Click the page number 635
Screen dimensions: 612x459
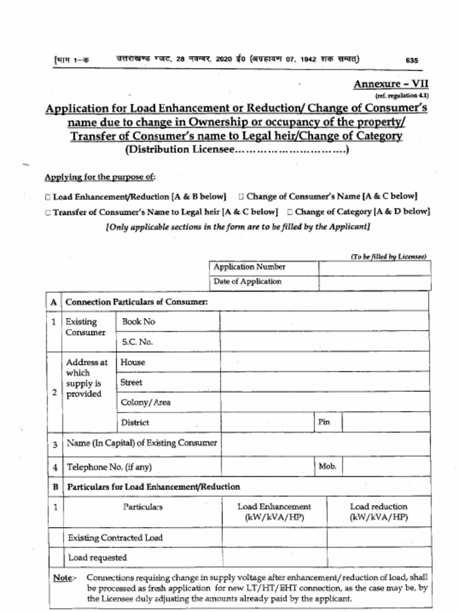pos(412,60)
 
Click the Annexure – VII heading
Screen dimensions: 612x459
pos(391,84)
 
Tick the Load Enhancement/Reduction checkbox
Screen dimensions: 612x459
pos(48,197)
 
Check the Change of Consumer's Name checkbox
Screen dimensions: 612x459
pos(241,197)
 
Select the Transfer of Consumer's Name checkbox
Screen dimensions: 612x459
pos(48,212)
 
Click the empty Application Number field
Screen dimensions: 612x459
pos(374,267)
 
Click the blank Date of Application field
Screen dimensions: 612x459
pos(374,282)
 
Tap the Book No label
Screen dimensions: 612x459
pos(139,322)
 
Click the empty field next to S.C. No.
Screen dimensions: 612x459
pos(324,342)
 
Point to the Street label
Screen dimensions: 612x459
pos(131,382)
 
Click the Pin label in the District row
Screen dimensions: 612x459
pos(325,422)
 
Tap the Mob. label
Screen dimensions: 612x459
pos(328,466)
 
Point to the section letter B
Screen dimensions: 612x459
pos(54,487)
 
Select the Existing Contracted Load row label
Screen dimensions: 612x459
pos(115,537)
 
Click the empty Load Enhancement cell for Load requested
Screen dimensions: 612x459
pos(274,557)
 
